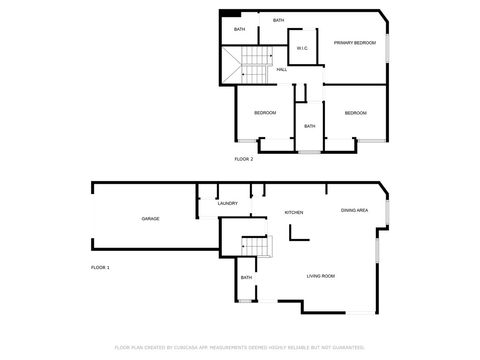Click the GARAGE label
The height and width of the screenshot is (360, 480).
coord(150,218)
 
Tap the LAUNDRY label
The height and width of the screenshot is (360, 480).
coord(227,203)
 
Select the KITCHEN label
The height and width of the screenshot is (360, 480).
coord(294,213)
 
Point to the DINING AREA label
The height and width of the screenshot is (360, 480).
coord(355,210)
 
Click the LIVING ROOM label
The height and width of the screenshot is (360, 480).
coord(320,276)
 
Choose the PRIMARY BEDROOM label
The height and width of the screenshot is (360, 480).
coord(355,43)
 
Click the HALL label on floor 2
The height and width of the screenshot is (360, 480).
coord(282,69)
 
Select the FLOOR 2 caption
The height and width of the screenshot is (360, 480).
coord(244,159)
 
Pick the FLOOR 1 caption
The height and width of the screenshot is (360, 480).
coord(100,268)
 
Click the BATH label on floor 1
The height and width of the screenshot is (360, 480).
coord(246,278)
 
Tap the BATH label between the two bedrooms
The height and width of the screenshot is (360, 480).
coord(310,126)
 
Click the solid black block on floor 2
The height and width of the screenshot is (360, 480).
coord(230,13)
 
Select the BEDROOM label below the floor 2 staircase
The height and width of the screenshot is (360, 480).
coord(264,113)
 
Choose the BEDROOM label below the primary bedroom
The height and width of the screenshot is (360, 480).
coord(356,113)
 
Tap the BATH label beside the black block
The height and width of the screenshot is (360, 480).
coord(240,29)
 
